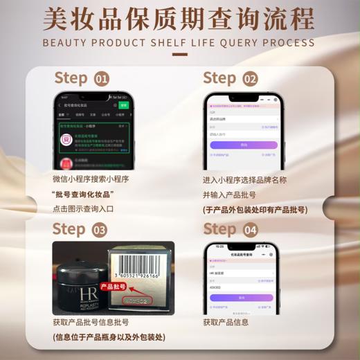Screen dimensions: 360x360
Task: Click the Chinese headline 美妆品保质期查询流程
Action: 179,19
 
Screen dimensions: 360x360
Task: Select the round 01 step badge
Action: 101,78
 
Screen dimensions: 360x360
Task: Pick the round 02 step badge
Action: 250,78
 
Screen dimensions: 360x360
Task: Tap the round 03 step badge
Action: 100,230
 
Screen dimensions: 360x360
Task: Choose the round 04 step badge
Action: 250,230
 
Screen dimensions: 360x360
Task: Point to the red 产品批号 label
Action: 112,286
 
